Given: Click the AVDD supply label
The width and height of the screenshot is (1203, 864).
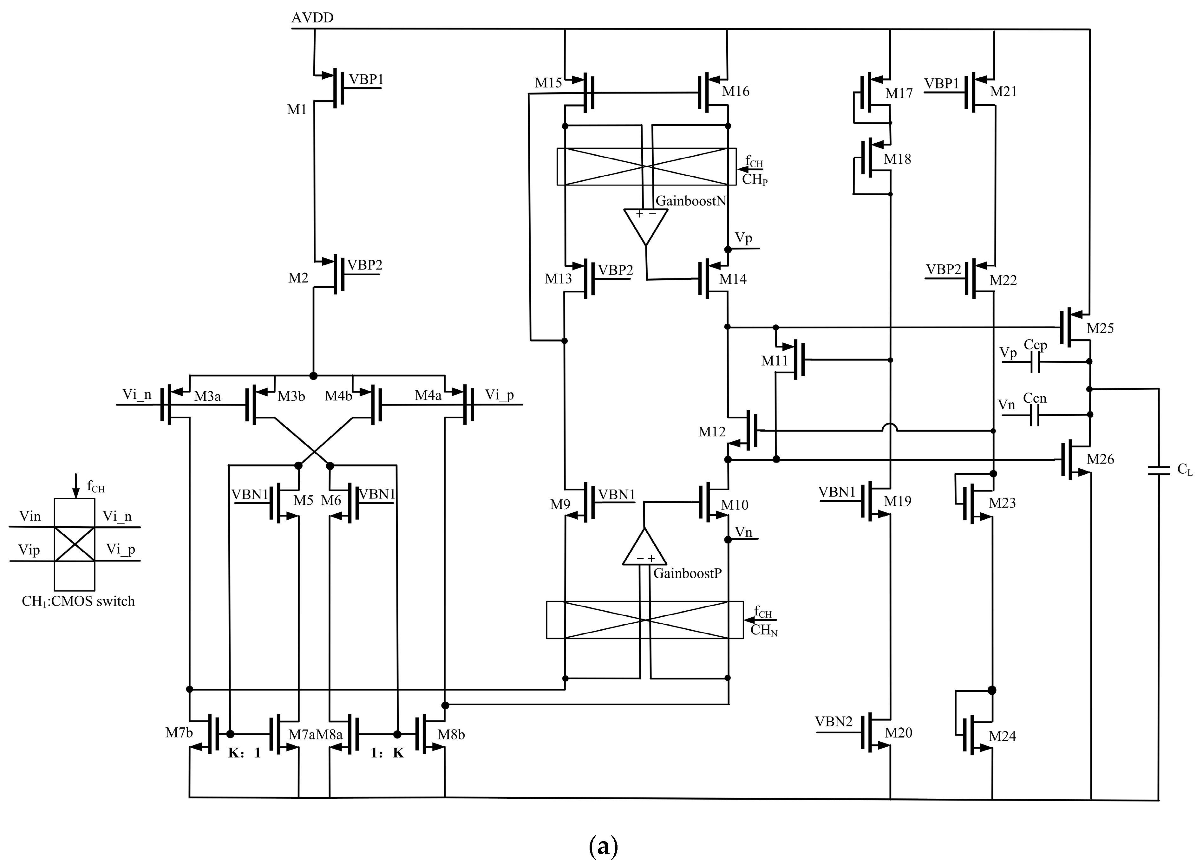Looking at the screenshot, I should click(x=312, y=17).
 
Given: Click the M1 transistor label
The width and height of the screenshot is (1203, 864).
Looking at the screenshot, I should click(x=297, y=110).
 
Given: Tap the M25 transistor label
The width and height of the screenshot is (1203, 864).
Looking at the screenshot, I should click(x=1100, y=328).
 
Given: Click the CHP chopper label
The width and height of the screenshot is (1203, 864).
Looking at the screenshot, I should click(x=754, y=180).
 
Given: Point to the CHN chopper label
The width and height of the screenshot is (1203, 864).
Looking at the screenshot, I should click(x=763, y=630).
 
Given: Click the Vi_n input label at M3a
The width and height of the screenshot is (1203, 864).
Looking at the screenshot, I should click(x=137, y=394).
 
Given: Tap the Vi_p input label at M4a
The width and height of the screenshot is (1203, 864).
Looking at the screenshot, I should click(x=499, y=395).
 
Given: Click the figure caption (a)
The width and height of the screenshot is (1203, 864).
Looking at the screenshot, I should click(x=603, y=847).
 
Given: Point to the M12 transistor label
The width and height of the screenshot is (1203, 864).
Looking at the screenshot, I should click(x=711, y=432).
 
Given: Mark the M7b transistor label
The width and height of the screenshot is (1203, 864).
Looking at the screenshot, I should click(x=179, y=733).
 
